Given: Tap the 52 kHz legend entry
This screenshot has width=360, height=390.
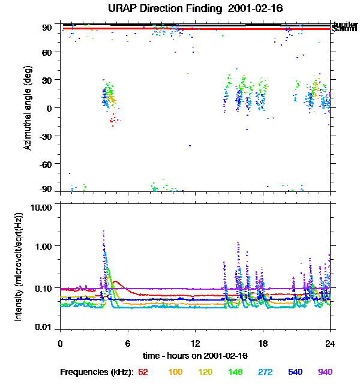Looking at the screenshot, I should coord(143,372).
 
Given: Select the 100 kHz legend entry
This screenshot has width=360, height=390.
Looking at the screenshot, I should coord(175,372).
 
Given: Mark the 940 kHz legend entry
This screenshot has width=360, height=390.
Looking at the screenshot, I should coord(324,372).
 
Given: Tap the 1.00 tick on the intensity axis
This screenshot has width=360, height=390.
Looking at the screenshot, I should coord(46,246).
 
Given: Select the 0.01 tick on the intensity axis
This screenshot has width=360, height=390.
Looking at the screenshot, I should coord(46,327).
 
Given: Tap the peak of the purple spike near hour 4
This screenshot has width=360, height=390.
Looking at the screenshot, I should coord(103,230).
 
